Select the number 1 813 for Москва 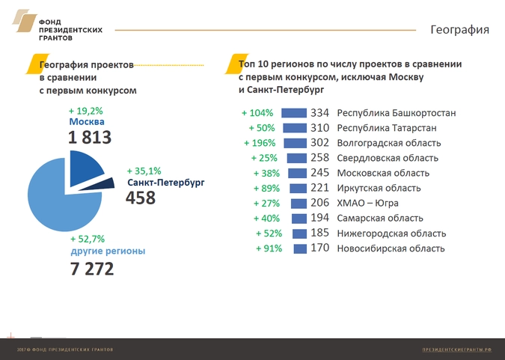(x=89, y=137)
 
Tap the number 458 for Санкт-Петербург (x=141, y=198)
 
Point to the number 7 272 (x=92, y=269)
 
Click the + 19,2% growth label (x=85, y=110)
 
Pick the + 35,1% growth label (x=144, y=170)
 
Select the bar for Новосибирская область (x=300, y=248)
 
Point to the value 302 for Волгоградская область (x=320, y=143)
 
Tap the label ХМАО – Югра (x=368, y=203)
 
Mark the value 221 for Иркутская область (x=320, y=188)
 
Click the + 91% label (x=268, y=248)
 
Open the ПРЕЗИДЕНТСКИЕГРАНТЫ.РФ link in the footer (x=456, y=350)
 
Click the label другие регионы (x=108, y=251)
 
